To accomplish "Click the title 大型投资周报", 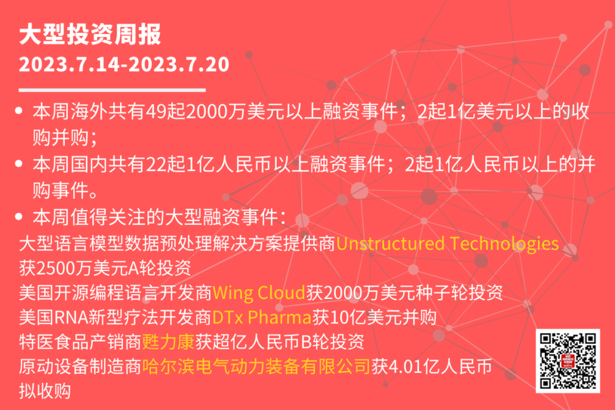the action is pyautogui.click(x=90, y=35).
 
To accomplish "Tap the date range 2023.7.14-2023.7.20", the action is pyautogui.click(x=124, y=64).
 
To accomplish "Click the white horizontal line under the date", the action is pyautogui.click(x=112, y=90).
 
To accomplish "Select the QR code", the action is pyautogui.click(x=568, y=360).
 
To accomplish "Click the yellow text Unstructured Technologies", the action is pyautogui.click(x=447, y=244).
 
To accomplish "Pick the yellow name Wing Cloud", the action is pyautogui.click(x=259, y=293).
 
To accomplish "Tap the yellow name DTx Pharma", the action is pyautogui.click(x=261, y=317).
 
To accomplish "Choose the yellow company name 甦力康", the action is pyautogui.click(x=168, y=342).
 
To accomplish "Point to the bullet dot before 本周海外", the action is pyautogui.click(x=18, y=111).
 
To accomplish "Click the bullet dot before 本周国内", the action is pyautogui.click(x=18, y=163).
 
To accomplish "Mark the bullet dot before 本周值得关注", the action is pyautogui.click(x=18, y=216).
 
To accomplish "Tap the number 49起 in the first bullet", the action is pyautogui.click(x=166, y=112).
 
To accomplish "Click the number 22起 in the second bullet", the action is pyautogui.click(x=166, y=165).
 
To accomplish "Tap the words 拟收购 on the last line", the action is pyautogui.click(x=45, y=391).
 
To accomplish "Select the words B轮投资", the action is pyautogui.click(x=333, y=342).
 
